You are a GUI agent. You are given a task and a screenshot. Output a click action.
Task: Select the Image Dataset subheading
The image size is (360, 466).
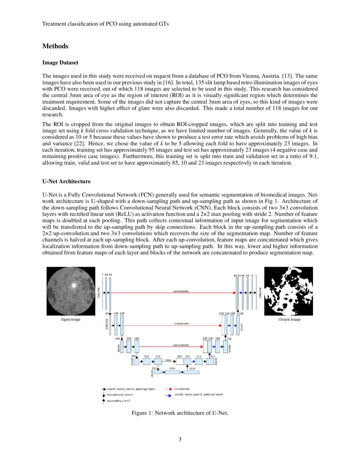pyautogui.click(x=60, y=63)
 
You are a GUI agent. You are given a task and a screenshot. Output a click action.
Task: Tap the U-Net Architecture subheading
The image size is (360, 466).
pyautogui.click(x=66, y=182)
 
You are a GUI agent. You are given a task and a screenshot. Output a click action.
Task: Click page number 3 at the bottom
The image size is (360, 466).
pyautogui.click(x=180, y=439)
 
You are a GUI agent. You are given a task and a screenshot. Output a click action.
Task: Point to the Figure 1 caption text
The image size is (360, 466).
pyautogui.click(x=180, y=413)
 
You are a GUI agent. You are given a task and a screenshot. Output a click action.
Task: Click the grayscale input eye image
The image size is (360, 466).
pyautogui.click(x=71, y=291)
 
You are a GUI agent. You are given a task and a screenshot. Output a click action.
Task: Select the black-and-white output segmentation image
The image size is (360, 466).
pyautogui.click(x=288, y=291)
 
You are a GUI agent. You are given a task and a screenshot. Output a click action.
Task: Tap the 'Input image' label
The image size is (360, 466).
pyautogui.click(x=71, y=319)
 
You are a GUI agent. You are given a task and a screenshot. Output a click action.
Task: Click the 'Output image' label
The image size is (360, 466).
pyautogui.click(x=289, y=319)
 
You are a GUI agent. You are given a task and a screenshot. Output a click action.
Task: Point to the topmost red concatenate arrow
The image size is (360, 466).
pyautogui.click(x=174, y=293)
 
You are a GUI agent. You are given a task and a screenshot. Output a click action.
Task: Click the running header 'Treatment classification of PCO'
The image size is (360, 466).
pyautogui.click(x=105, y=24)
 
